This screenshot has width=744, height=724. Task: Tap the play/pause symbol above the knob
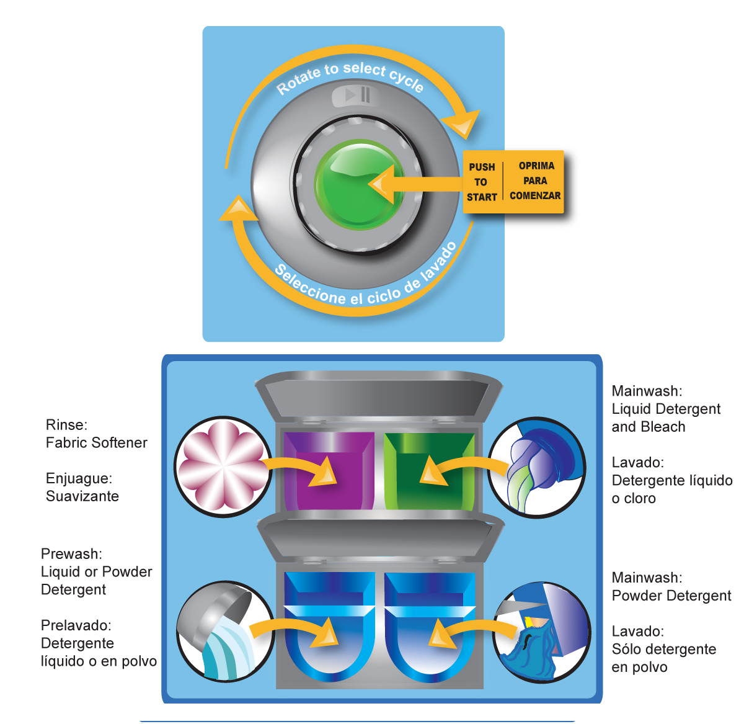(356, 96)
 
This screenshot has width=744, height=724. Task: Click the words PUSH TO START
(482, 182)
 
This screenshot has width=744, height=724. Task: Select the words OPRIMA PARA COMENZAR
(534, 181)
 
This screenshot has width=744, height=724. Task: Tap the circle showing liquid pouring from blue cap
(537, 467)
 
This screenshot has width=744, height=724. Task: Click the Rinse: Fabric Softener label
(96, 434)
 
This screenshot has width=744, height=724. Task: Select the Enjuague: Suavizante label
(82, 487)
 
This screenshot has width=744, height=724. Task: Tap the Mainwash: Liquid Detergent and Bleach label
(665, 409)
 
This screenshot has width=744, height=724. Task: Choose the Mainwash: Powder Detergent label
(671, 586)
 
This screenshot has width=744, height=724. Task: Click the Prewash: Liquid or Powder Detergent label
(96, 571)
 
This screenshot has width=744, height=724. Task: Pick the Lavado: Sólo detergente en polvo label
(663, 649)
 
